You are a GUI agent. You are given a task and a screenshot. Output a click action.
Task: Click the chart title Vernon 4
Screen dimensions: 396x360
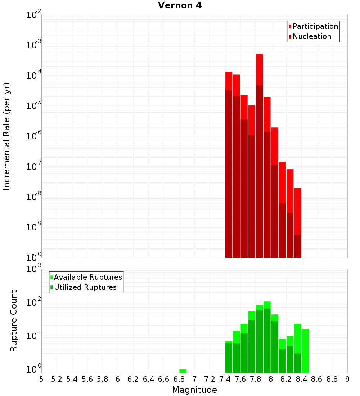(180, 5)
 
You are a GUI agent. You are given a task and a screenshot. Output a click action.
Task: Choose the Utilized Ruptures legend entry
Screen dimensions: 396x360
(85, 287)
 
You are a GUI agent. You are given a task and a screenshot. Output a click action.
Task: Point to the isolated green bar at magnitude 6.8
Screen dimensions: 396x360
(183, 371)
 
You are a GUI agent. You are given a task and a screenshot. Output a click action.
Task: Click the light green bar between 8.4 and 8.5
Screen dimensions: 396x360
(305, 351)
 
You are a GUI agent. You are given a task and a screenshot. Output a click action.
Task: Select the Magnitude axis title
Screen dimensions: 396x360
(194, 390)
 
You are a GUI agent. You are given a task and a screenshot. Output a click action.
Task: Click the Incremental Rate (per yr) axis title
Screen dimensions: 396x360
(7, 136)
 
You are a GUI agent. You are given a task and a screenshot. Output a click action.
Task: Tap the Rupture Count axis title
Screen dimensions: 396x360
(14, 320)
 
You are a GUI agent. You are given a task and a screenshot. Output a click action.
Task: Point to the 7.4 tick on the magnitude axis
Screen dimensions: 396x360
(225, 379)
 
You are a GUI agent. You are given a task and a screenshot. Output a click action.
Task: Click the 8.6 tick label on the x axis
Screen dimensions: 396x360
(317, 379)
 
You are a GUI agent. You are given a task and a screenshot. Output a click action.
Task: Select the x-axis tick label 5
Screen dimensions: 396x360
(41, 379)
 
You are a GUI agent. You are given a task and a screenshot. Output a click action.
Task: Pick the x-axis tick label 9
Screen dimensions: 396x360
(347, 379)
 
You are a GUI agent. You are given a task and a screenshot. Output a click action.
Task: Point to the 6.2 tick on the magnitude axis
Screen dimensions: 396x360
(133, 379)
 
